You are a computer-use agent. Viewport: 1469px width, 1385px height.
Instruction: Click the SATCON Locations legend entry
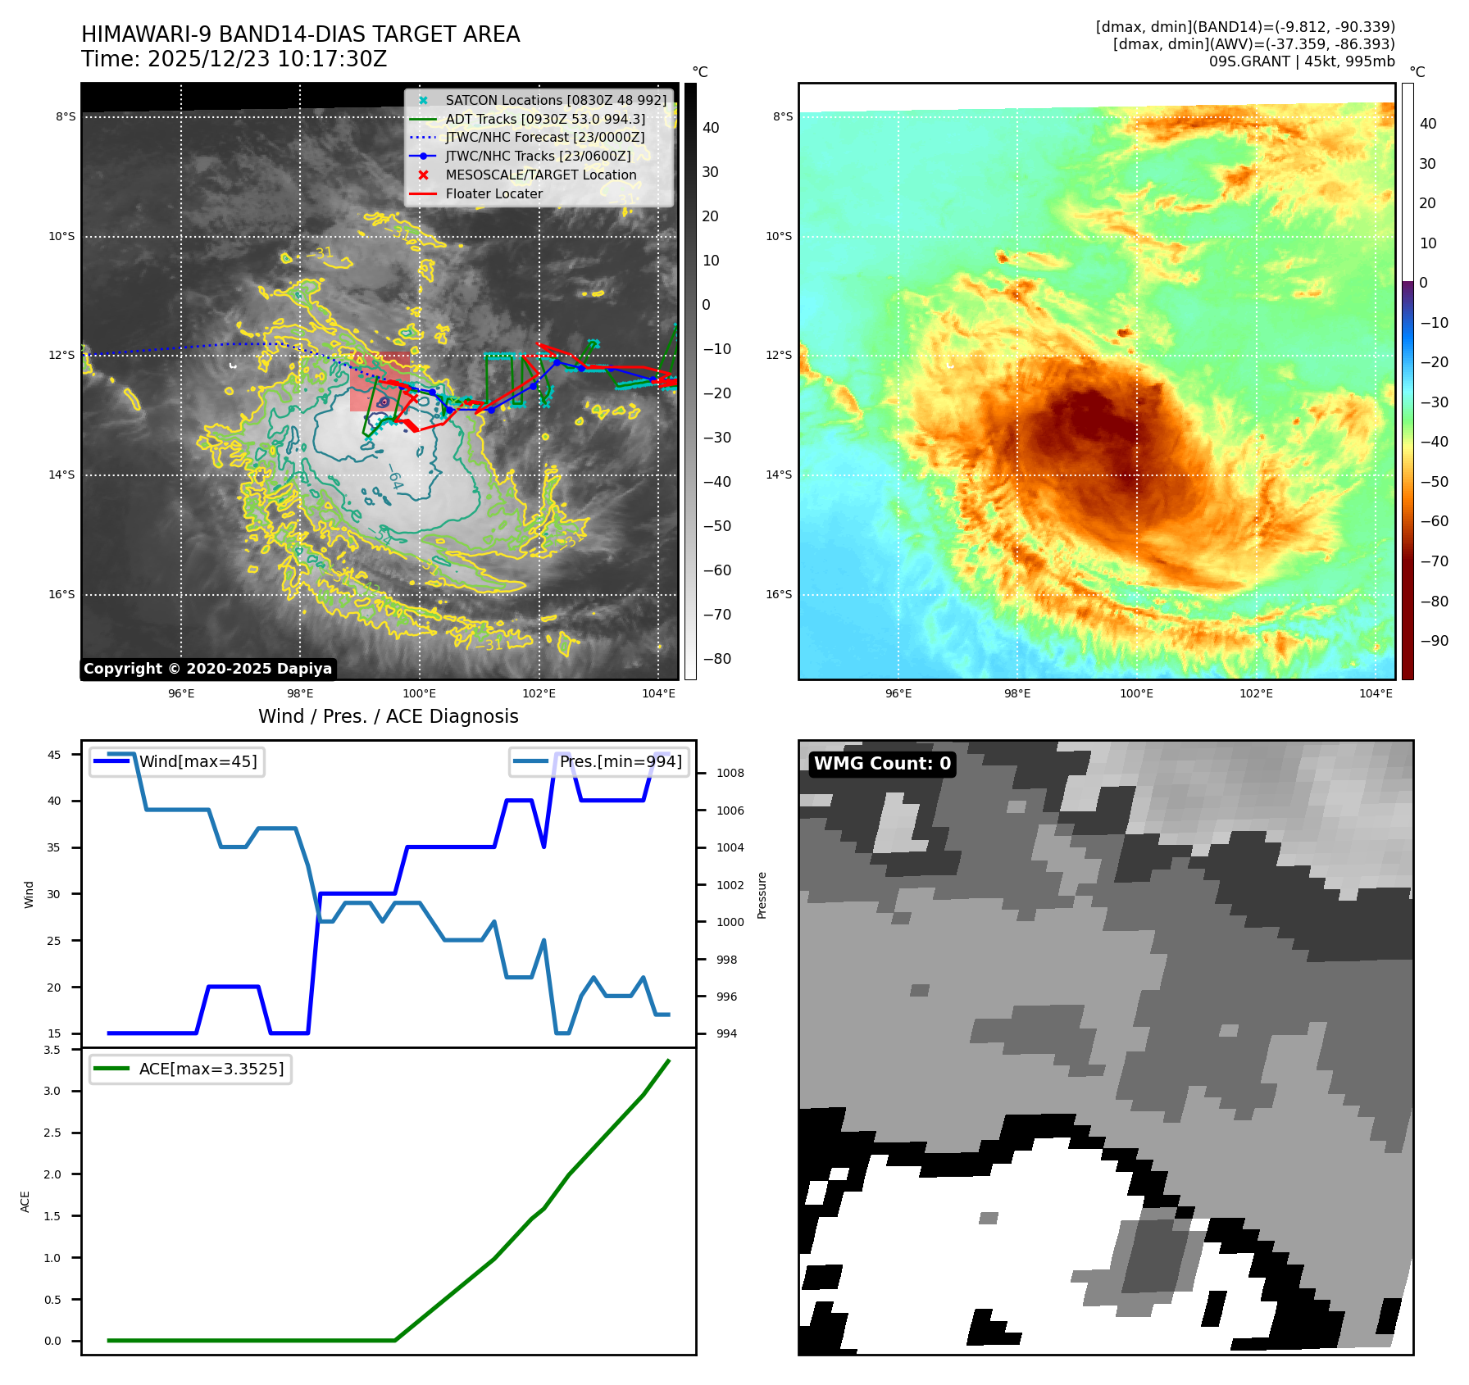(x=556, y=100)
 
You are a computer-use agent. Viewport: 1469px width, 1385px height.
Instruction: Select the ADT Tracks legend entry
(x=545, y=119)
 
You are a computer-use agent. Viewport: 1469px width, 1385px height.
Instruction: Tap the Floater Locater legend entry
(x=493, y=194)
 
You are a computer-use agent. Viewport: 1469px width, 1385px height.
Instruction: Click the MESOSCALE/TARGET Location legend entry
(x=540, y=175)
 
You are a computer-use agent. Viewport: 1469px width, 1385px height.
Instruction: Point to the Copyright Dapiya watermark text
(x=207, y=669)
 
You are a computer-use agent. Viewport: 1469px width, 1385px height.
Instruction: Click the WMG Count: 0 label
(x=882, y=764)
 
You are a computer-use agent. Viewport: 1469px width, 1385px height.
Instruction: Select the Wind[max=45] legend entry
(x=198, y=761)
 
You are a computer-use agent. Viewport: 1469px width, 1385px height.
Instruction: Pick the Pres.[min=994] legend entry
(x=620, y=761)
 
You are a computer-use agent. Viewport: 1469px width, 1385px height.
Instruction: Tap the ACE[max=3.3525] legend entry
(x=211, y=1069)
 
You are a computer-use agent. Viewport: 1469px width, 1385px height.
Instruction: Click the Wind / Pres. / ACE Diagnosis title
(x=388, y=716)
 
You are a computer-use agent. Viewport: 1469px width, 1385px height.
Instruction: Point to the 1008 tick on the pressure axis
(x=730, y=773)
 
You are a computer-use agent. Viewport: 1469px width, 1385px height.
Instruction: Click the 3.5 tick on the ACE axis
(x=52, y=1050)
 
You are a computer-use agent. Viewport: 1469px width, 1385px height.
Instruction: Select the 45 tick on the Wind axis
(x=54, y=755)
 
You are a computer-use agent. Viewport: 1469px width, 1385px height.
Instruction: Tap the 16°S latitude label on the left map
(x=61, y=595)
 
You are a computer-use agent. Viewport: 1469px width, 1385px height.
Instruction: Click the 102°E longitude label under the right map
(x=1256, y=693)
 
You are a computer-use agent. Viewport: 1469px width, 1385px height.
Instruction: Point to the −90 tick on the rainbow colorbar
(x=1434, y=641)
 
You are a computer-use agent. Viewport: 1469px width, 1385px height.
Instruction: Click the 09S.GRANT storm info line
(x=1301, y=61)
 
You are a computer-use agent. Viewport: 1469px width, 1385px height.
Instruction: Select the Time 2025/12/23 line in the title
(x=234, y=59)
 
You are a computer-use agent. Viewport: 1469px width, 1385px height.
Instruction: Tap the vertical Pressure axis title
(x=762, y=895)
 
